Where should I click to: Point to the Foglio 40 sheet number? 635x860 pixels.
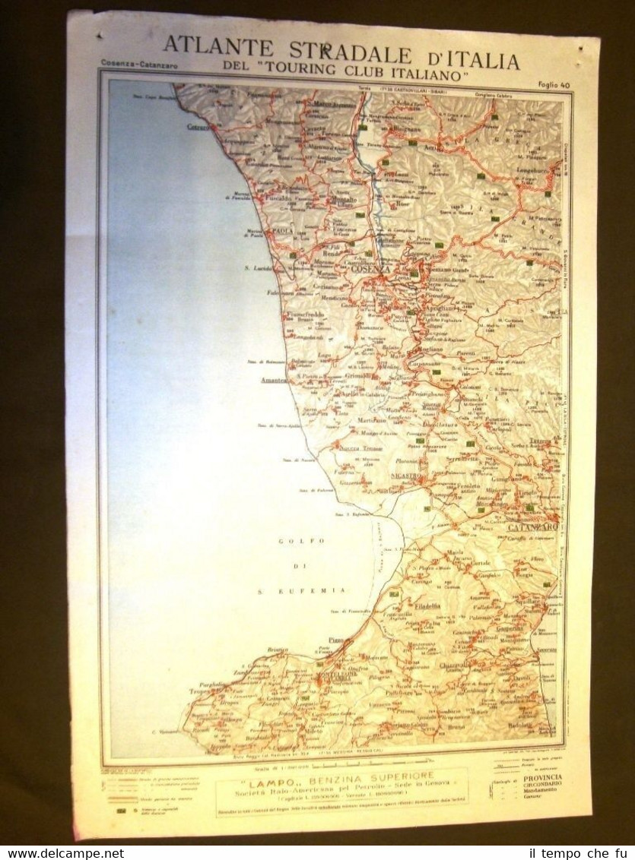click(x=553, y=85)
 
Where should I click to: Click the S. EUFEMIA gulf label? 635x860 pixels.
click(x=319, y=590)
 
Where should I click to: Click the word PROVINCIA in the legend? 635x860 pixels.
click(x=543, y=777)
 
